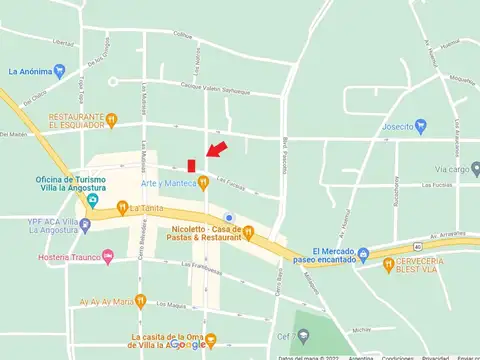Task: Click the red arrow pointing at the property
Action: (216, 150)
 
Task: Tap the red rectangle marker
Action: (191, 164)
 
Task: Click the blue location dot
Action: (229, 218)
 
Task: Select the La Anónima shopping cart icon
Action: (59, 71)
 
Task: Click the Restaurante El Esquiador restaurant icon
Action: (112, 120)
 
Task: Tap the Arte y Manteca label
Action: (167, 182)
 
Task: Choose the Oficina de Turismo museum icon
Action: (93, 199)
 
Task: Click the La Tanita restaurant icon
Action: (120, 210)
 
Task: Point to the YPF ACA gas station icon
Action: (85, 225)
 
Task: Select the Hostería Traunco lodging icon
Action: (108, 257)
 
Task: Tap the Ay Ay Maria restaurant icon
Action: (140, 300)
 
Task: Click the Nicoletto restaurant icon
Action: (248, 234)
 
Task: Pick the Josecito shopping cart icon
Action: (421, 127)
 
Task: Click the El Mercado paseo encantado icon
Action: (363, 255)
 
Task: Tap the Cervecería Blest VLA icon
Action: (388, 264)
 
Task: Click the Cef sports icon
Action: (297, 337)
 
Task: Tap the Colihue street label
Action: (182, 35)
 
